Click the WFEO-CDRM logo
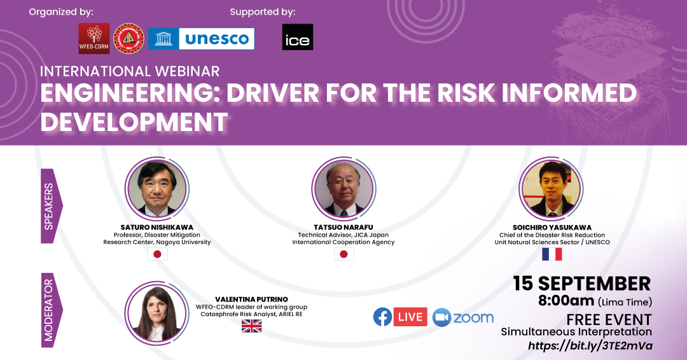(94, 39)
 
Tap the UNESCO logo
(201, 39)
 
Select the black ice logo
(298, 37)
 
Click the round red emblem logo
(128, 39)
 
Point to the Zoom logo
(462, 317)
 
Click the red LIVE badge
(410, 317)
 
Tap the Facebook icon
(382, 317)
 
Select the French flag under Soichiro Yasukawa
(552, 254)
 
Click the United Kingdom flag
(251, 326)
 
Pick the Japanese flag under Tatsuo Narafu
(344, 254)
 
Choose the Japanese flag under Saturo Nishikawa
(157, 254)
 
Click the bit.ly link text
(590, 345)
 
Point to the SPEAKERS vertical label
(49, 206)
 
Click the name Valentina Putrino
(251, 300)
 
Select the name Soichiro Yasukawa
(552, 227)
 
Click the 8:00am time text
(566, 300)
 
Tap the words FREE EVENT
(609, 319)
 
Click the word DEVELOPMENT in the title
(134, 121)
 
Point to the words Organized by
(61, 12)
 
